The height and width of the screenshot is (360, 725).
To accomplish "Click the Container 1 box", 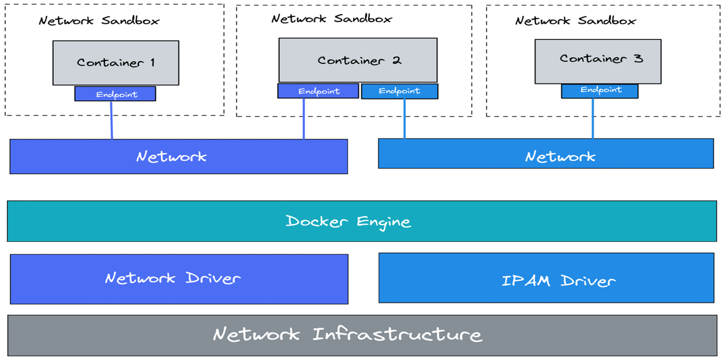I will click(116, 63).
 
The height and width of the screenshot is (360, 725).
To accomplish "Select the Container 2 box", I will click(357, 60).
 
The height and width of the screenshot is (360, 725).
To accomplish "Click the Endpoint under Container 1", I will click(115, 94).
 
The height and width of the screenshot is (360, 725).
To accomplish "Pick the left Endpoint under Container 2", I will click(318, 91).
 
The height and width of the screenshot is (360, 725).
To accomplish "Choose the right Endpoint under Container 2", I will click(399, 91).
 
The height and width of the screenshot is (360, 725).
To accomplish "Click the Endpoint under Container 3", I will click(599, 91).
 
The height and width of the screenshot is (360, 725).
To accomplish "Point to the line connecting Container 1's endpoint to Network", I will click(111, 120).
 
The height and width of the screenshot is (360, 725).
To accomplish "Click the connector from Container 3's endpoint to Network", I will click(592, 118).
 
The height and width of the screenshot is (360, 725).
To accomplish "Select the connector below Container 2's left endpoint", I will click(304, 119).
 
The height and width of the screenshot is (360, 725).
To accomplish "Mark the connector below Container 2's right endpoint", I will click(404, 118).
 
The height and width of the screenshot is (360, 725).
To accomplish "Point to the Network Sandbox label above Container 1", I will click(99, 21).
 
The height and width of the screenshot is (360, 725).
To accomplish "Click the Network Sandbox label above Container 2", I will click(331, 18).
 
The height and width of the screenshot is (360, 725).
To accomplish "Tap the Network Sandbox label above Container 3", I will click(575, 21).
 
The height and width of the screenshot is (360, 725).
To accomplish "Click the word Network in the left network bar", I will click(172, 156).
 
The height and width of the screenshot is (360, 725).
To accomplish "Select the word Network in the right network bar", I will click(560, 156).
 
